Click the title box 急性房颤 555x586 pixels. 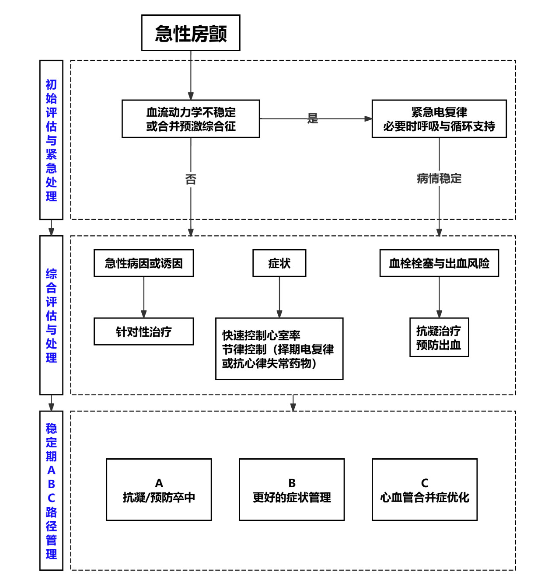pos(191,33)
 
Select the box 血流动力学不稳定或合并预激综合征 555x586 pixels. pos(191,119)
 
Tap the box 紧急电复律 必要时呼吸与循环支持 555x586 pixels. pos(439,119)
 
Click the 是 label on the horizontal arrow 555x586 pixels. pos(313,118)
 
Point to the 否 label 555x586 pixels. pos(191,179)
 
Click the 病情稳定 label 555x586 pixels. pos(439,178)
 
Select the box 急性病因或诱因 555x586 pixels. pos(143,263)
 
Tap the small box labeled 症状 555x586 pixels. pos(279,263)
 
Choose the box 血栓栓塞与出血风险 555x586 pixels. pos(439,263)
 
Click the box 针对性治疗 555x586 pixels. pos(143,332)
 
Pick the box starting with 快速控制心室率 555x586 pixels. pos(279,349)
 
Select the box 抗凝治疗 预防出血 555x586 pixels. pos(439,338)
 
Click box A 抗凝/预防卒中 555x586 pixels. pos(159,490)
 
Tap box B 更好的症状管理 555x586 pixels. pos(292,490)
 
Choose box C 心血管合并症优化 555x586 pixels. pos(424,490)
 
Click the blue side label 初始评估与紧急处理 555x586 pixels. pos(51,140)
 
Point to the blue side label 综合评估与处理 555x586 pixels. pos(51,315)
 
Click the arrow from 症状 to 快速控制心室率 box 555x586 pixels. pos(279,297)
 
